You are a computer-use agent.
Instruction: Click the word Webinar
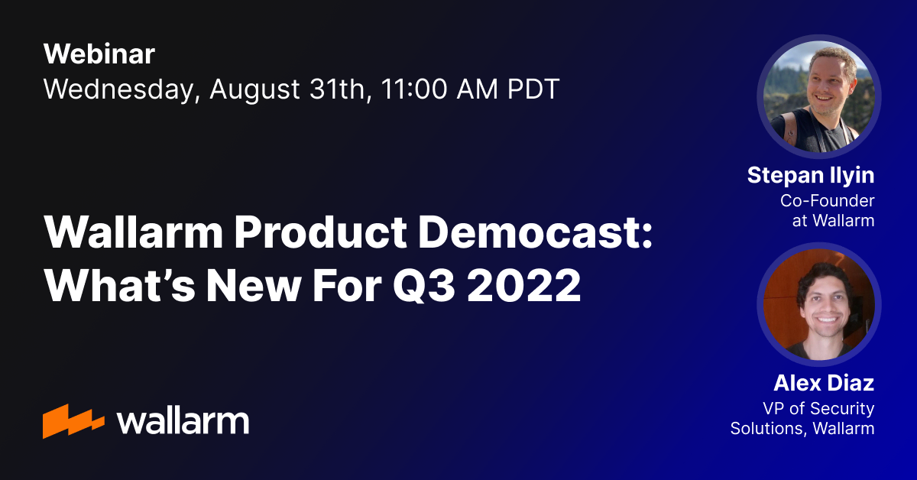[99, 54]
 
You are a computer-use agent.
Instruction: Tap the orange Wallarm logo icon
[73, 420]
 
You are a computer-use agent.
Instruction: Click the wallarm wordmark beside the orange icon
[183, 420]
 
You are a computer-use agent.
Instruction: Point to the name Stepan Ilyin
[811, 177]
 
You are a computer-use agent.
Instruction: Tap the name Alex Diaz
[824, 384]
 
